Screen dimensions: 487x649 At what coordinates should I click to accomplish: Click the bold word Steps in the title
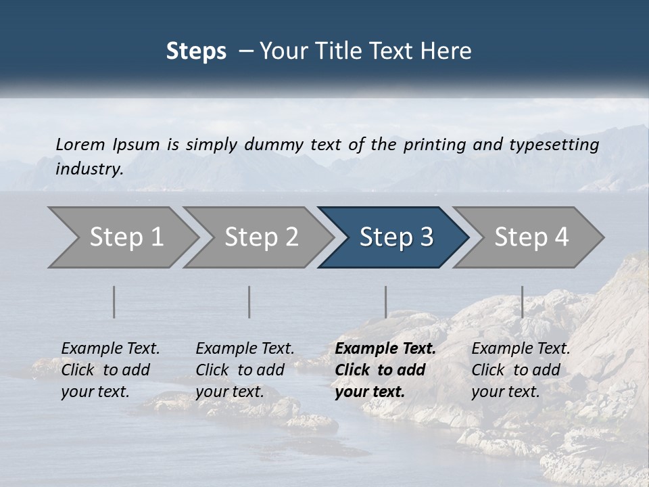point(196,51)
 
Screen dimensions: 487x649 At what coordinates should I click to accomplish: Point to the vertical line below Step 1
point(114,302)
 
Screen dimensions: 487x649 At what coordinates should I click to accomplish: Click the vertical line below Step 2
point(249,302)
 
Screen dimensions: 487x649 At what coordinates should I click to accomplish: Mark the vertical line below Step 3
point(386,302)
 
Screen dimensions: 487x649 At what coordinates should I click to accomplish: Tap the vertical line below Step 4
point(522,302)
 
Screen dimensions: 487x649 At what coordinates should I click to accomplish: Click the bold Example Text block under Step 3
point(385,370)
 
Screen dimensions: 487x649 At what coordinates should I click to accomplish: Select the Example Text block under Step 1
point(110,370)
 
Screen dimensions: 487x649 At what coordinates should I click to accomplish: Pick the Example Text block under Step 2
point(245,370)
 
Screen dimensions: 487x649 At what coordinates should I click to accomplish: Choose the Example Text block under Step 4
point(521,370)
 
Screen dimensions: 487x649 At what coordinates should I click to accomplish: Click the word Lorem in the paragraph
point(80,145)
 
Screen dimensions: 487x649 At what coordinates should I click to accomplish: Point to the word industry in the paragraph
point(89,169)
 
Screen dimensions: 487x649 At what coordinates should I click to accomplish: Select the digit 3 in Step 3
point(426,237)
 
